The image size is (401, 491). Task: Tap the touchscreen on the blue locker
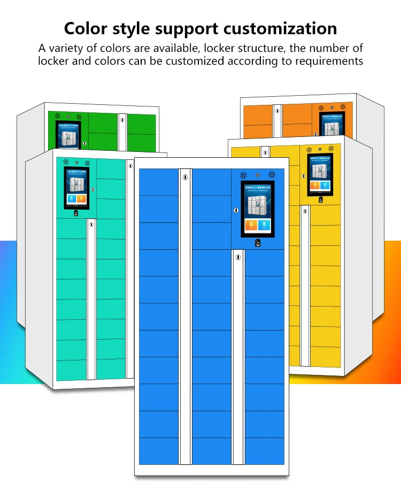[258, 209]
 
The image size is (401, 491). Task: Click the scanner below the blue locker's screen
[258, 243]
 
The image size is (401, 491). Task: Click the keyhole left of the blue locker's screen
[236, 211]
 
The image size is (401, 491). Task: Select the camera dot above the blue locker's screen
[258, 175]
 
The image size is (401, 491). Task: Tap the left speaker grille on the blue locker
[244, 175]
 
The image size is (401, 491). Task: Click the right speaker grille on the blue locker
[272, 175]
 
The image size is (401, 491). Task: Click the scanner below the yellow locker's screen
[321, 201]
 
